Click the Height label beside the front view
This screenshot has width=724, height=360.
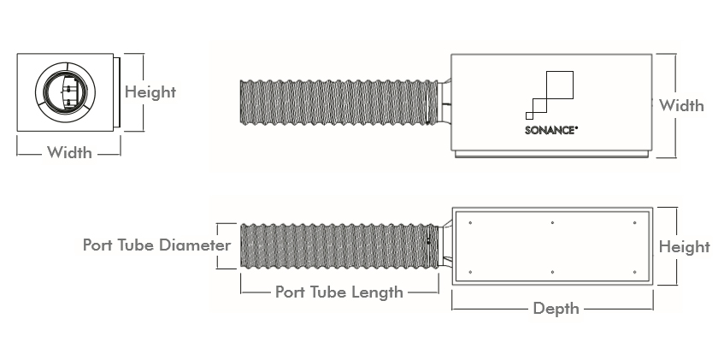click(150, 92)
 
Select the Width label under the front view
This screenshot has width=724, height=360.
click(69, 153)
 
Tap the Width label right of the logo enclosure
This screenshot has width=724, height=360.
click(681, 106)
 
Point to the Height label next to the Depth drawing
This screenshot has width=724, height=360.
click(684, 247)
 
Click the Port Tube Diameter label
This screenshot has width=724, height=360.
click(156, 245)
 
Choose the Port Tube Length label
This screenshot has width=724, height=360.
click(338, 292)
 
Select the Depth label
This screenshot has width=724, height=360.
click(556, 308)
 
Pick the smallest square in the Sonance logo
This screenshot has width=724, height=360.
click(529, 115)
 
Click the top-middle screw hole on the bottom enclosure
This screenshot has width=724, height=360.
click(552, 224)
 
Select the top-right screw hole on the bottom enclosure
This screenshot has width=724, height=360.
click(634, 224)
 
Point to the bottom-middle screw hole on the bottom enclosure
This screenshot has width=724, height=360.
click(552, 272)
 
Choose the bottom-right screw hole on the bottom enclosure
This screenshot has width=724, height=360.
click(634, 272)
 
